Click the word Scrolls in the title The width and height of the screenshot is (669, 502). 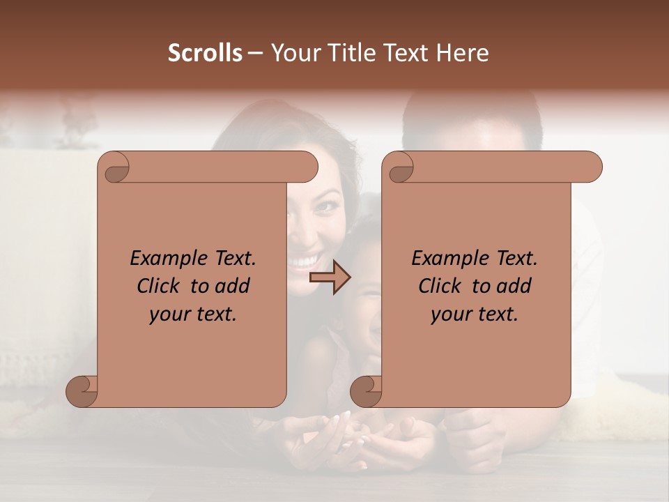click(205, 53)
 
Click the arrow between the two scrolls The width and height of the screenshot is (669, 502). click(330, 277)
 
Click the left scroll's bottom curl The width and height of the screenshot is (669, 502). click(82, 391)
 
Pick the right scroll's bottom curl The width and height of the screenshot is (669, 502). click(367, 391)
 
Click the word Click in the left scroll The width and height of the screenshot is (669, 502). click(157, 287)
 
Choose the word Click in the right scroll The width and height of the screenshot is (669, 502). click(438, 287)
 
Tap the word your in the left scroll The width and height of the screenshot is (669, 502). click(169, 314)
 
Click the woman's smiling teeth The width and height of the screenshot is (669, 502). click(302, 261)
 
